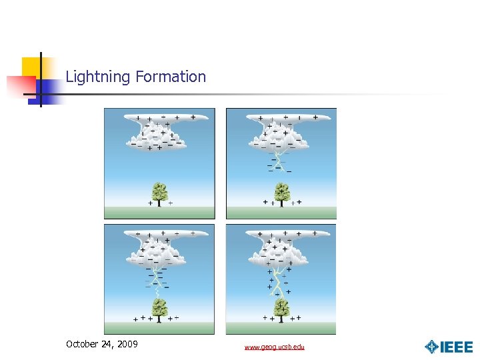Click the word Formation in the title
[171, 77]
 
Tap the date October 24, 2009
[102, 344]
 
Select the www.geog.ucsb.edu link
[274, 347]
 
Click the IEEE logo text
[457, 347]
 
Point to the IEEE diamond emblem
[431, 347]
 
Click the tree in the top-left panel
[159, 193]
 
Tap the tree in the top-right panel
[281, 193]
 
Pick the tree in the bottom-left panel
[159, 309]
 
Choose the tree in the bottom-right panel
[281, 309]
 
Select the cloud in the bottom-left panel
[160, 248]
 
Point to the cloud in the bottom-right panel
[282, 248]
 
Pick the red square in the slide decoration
[20, 85]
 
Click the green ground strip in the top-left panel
[159, 213]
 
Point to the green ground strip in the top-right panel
[281, 213]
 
